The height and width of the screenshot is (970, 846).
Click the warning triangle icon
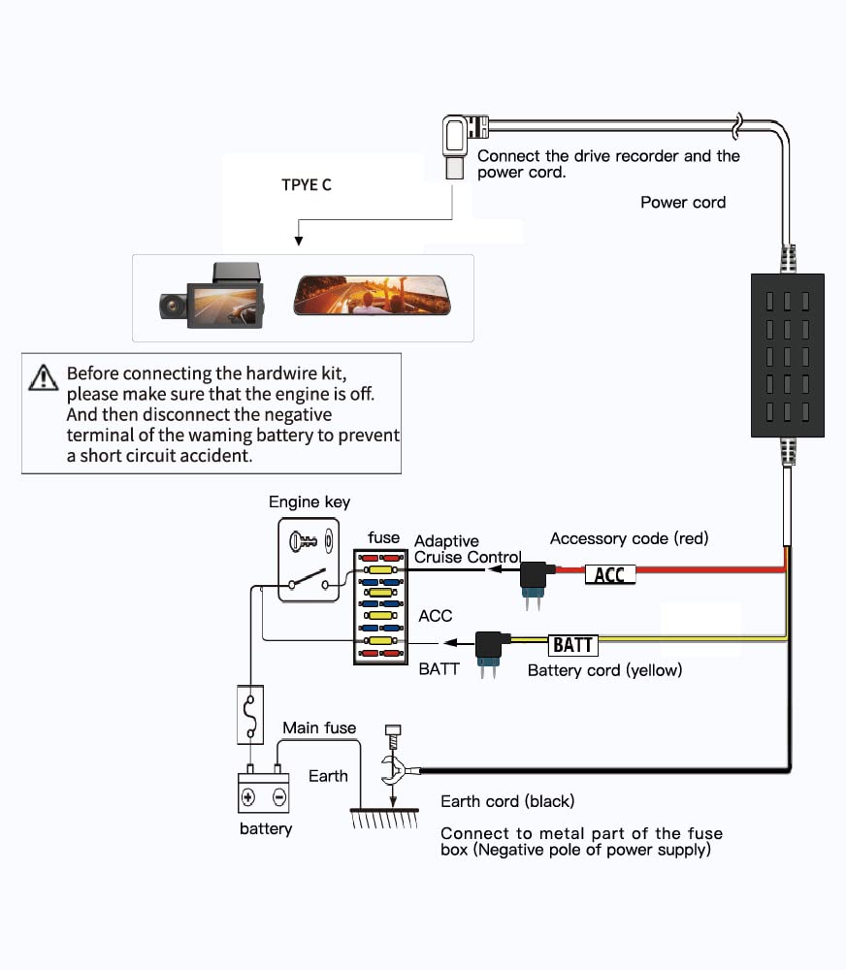tap(44, 377)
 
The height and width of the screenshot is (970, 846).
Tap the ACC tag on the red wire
tap(610, 574)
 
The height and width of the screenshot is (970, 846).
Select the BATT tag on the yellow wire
tap(573, 645)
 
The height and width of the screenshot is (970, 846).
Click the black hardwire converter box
tap(787, 355)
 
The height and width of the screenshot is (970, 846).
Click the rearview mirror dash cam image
tap(372, 296)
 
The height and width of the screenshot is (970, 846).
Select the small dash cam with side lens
tap(212, 296)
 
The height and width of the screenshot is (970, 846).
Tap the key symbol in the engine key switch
tap(304, 541)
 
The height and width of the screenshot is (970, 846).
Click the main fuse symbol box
tap(250, 714)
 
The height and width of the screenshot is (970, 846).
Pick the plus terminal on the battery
tap(248, 796)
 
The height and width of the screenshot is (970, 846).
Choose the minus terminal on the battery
tap(279, 796)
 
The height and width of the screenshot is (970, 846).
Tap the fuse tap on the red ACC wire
tap(533, 582)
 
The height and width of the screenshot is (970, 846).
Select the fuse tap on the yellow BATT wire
tap(489, 652)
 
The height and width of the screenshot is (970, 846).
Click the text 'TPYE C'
tap(307, 185)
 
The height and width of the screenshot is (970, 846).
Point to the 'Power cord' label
tap(683, 203)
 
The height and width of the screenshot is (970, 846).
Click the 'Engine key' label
tap(309, 501)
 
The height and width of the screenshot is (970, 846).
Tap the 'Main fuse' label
tap(319, 727)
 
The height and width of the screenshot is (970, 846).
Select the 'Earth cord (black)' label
tap(507, 801)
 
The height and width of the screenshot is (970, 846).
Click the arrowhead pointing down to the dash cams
tap(299, 242)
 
